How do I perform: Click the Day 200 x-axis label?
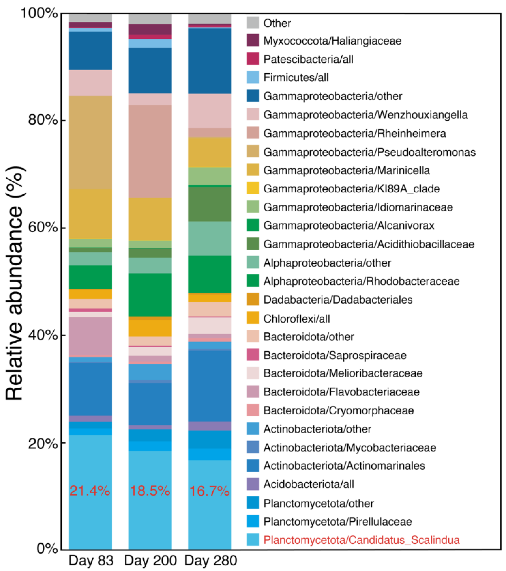150,560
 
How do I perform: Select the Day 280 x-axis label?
211,560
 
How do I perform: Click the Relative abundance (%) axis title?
15,284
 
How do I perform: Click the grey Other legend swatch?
253,23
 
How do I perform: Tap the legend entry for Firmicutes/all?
296,77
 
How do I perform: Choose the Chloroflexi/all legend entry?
296,319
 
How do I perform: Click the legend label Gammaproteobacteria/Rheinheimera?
354,133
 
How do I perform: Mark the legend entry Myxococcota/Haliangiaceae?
332,41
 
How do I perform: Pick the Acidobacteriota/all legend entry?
309,484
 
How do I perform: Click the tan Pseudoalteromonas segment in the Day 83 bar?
90,142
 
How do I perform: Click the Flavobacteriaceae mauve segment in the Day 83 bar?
90,336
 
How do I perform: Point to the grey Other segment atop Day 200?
150,18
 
